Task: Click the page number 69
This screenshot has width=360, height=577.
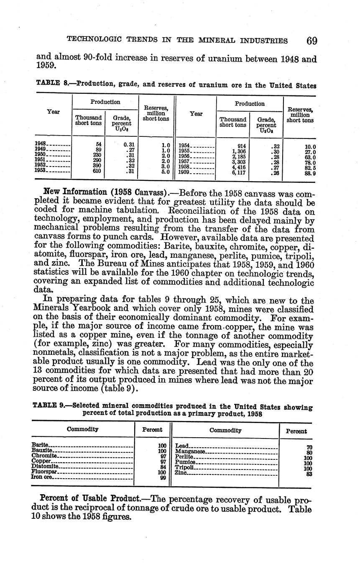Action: point(311,41)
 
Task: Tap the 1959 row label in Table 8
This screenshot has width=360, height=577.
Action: point(184,172)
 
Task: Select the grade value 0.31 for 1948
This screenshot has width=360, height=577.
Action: point(128,144)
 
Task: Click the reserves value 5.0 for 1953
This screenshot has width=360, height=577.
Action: point(165,171)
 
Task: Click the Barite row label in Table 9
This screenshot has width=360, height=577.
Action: point(40,445)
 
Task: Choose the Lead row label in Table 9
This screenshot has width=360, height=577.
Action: point(182,446)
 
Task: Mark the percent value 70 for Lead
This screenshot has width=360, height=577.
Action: point(309,447)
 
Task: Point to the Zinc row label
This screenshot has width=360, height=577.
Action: point(181,473)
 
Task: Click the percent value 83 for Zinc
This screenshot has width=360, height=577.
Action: point(309,474)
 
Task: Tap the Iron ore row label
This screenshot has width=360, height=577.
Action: point(42,477)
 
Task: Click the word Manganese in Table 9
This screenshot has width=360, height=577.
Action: point(190,451)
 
